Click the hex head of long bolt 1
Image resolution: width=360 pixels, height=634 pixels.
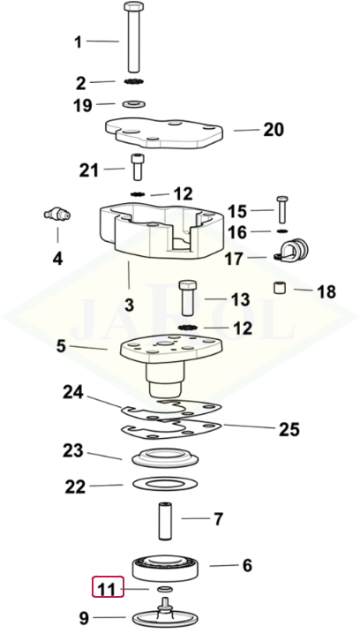[x=134, y=7]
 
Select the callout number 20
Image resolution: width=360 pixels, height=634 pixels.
[x=274, y=130]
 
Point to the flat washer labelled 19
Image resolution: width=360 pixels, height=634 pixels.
[x=134, y=105]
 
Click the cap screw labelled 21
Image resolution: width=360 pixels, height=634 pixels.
[x=137, y=167]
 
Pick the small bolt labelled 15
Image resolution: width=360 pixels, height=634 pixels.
[x=282, y=209]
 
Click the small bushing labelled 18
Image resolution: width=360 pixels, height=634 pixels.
[x=280, y=288]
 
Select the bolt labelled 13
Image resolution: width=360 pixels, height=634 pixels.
[x=187, y=298]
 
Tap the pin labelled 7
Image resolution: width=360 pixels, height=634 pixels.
[x=165, y=520]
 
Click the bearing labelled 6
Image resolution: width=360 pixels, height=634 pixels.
[x=166, y=568]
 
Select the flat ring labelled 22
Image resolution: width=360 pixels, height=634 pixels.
[x=165, y=484]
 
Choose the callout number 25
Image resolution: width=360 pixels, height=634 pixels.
[x=289, y=429]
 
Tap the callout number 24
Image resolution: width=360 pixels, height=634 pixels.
[x=73, y=392]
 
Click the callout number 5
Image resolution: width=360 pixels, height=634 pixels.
[x=61, y=346]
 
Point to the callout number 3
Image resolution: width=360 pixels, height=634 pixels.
[x=129, y=305]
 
